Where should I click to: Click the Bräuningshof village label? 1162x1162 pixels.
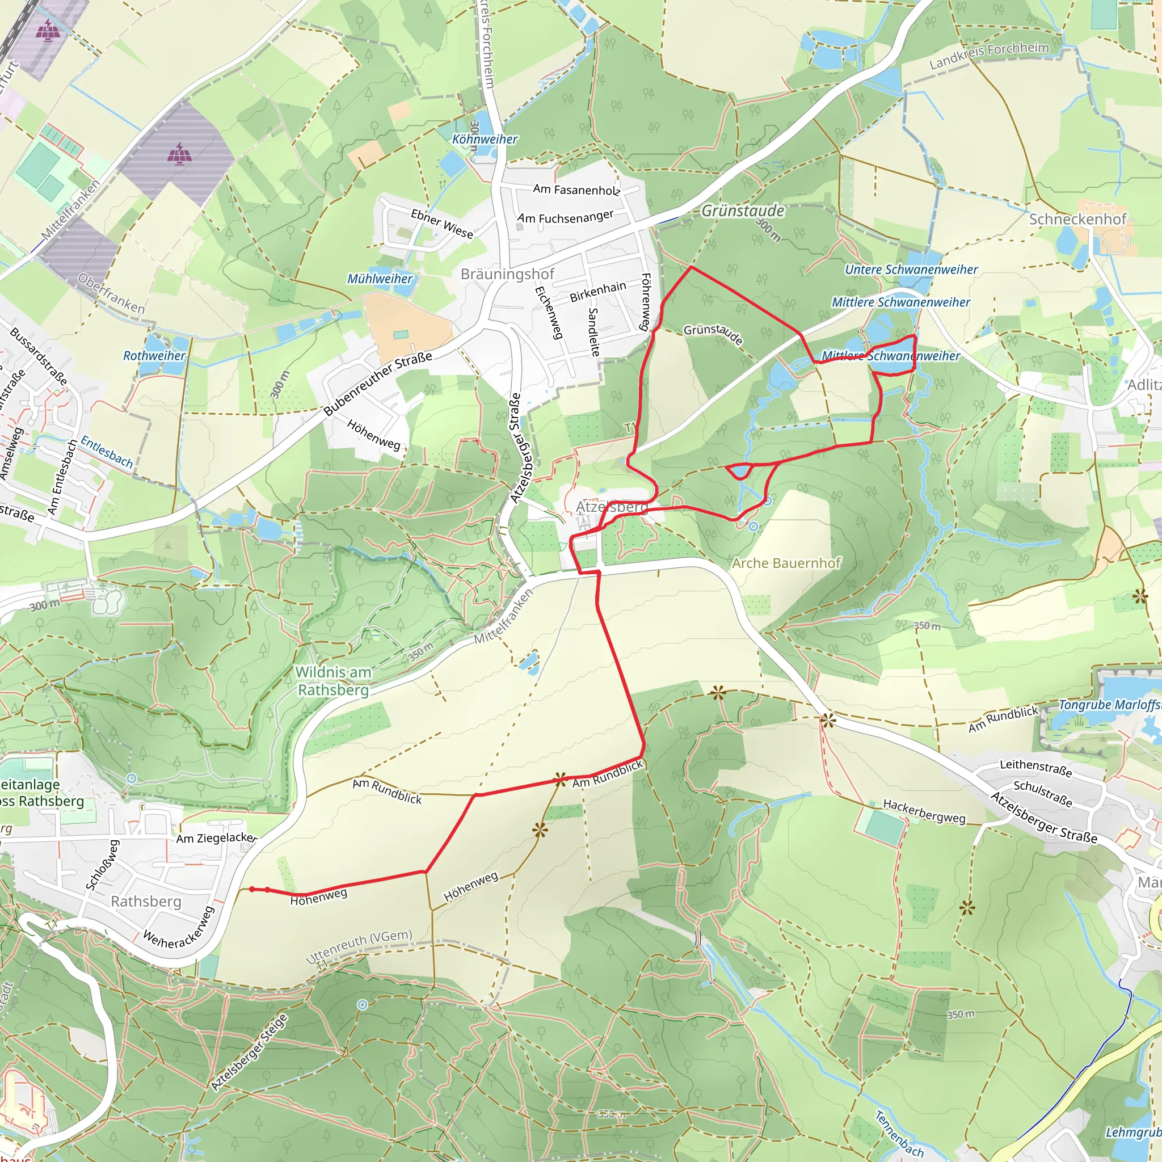click(507, 274)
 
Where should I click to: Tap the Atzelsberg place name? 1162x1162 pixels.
click(612, 507)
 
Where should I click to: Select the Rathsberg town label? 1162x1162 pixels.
click(146, 901)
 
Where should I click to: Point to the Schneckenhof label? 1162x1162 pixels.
click(1077, 219)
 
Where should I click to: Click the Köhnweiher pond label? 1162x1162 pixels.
click(485, 139)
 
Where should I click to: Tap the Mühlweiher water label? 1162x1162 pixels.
click(380, 279)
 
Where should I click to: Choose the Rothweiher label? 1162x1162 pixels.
click(154, 355)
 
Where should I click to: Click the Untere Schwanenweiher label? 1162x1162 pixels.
click(911, 270)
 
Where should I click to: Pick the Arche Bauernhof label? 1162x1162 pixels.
click(785, 563)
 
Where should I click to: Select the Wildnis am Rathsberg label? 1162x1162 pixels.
click(333, 681)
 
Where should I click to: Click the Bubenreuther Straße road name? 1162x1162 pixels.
click(377, 383)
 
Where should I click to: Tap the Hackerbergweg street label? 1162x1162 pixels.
click(924, 811)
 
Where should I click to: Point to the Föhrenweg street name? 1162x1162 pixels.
click(645, 302)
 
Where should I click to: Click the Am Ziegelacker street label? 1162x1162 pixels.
click(217, 838)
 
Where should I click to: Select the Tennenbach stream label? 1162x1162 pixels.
click(899, 1134)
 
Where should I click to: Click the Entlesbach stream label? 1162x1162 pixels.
click(107, 452)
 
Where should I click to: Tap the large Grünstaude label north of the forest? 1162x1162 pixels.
click(743, 211)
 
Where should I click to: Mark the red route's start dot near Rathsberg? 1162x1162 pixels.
click(251, 889)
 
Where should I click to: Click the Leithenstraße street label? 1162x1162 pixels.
click(1035, 768)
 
